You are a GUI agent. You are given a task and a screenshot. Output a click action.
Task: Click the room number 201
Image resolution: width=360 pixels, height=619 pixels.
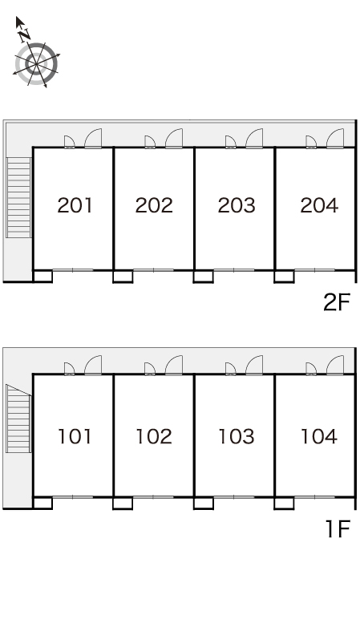pyautogui.click(x=75, y=205)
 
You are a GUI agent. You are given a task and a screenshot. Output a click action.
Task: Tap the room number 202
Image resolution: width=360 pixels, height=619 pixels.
pyautogui.click(x=154, y=205)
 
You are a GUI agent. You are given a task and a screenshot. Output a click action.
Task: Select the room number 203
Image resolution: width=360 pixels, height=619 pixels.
pyautogui.click(x=237, y=205)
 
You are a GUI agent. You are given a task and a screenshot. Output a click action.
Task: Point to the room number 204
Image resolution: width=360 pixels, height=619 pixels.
pyautogui.click(x=319, y=205)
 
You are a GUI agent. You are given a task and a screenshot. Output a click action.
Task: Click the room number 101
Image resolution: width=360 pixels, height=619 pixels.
pyautogui.click(x=75, y=436)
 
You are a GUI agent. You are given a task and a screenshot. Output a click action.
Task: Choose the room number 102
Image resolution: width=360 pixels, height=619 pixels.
pyautogui.click(x=154, y=436)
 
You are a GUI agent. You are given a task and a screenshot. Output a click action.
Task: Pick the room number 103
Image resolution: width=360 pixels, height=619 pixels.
pyautogui.click(x=237, y=436)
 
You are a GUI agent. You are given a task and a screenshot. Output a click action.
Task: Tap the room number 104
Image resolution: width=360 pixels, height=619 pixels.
pyautogui.click(x=319, y=436)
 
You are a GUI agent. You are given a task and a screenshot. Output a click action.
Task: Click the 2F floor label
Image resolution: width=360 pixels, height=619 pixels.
pyautogui.click(x=337, y=303)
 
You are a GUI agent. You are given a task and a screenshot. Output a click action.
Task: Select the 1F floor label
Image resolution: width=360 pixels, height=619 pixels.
pyautogui.click(x=338, y=529)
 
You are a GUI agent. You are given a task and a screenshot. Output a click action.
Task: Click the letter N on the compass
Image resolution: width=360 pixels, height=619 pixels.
pyautogui.click(x=25, y=35)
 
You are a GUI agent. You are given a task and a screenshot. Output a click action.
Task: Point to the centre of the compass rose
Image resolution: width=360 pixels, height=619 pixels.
pyautogui.click(x=36, y=63)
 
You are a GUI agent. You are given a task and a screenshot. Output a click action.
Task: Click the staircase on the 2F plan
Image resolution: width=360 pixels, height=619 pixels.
pyautogui.click(x=19, y=197)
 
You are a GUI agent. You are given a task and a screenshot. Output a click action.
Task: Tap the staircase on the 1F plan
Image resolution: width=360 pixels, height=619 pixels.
pyautogui.click(x=18, y=419)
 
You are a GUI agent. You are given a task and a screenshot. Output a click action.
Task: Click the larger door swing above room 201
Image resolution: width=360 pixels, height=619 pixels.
pyautogui.click(x=94, y=138)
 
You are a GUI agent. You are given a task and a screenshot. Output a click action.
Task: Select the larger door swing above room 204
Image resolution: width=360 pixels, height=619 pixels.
pyautogui.click(x=335, y=138)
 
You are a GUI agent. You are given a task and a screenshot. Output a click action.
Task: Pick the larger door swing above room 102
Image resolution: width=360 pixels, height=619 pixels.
pyautogui.click(x=174, y=365)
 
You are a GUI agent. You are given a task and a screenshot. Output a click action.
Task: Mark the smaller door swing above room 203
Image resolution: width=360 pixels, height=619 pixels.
pyautogui.click(x=230, y=142)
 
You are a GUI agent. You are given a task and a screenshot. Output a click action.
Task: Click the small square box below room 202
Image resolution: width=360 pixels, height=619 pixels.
pyautogui.click(x=123, y=277)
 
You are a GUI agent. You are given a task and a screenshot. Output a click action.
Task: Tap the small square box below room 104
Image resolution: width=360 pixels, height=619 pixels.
pyautogui.click(x=284, y=503)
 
